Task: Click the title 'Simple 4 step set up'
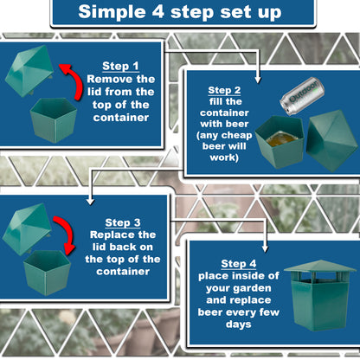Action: pos(180,12)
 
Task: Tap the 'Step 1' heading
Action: pos(121,65)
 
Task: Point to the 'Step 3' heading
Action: pos(124,222)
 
